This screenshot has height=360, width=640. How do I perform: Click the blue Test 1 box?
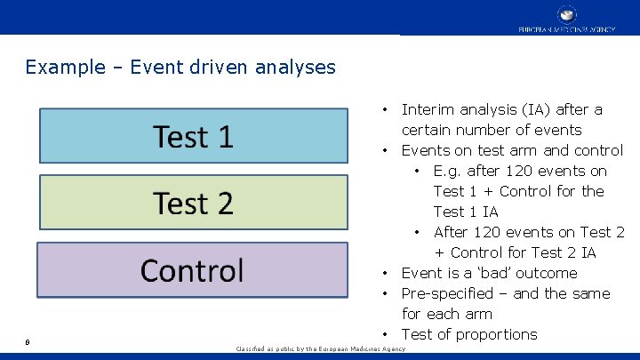[193, 136]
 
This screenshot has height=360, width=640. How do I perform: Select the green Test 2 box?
[193, 203]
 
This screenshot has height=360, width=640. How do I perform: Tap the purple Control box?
[193, 270]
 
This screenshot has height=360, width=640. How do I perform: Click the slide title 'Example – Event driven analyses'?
[180, 67]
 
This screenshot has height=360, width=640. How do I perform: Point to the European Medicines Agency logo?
[566, 19]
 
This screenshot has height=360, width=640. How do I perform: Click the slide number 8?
[28, 340]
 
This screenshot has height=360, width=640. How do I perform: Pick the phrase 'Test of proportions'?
[469, 334]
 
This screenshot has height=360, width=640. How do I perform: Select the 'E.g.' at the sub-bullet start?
[448, 171]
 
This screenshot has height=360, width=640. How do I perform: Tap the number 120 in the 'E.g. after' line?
[513, 171]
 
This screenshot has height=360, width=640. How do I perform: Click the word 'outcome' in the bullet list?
[547, 273]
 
